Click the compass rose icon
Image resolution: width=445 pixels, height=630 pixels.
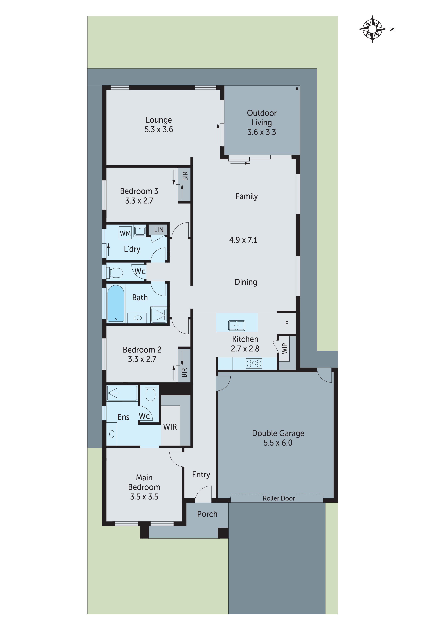(372, 29)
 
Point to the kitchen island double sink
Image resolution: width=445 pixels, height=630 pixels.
(237, 325)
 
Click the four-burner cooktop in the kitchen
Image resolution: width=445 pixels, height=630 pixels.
(254, 363)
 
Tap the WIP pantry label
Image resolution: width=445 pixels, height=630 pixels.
(285, 348)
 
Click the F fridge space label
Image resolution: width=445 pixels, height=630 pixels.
(287, 324)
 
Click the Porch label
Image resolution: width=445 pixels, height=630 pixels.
(207, 514)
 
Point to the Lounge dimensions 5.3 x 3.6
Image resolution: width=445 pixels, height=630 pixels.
(159, 129)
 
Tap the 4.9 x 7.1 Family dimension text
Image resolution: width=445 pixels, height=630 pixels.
(243, 240)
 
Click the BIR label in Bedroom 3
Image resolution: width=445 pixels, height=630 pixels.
(185, 176)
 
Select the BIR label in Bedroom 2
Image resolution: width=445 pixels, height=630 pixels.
(184, 372)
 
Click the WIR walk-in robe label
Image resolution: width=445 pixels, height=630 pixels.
(170, 427)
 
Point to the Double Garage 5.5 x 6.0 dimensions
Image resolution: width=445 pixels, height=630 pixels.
(278, 443)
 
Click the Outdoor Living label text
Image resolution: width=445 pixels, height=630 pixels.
(262, 118)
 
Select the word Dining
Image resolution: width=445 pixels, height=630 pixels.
(246, 282)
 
